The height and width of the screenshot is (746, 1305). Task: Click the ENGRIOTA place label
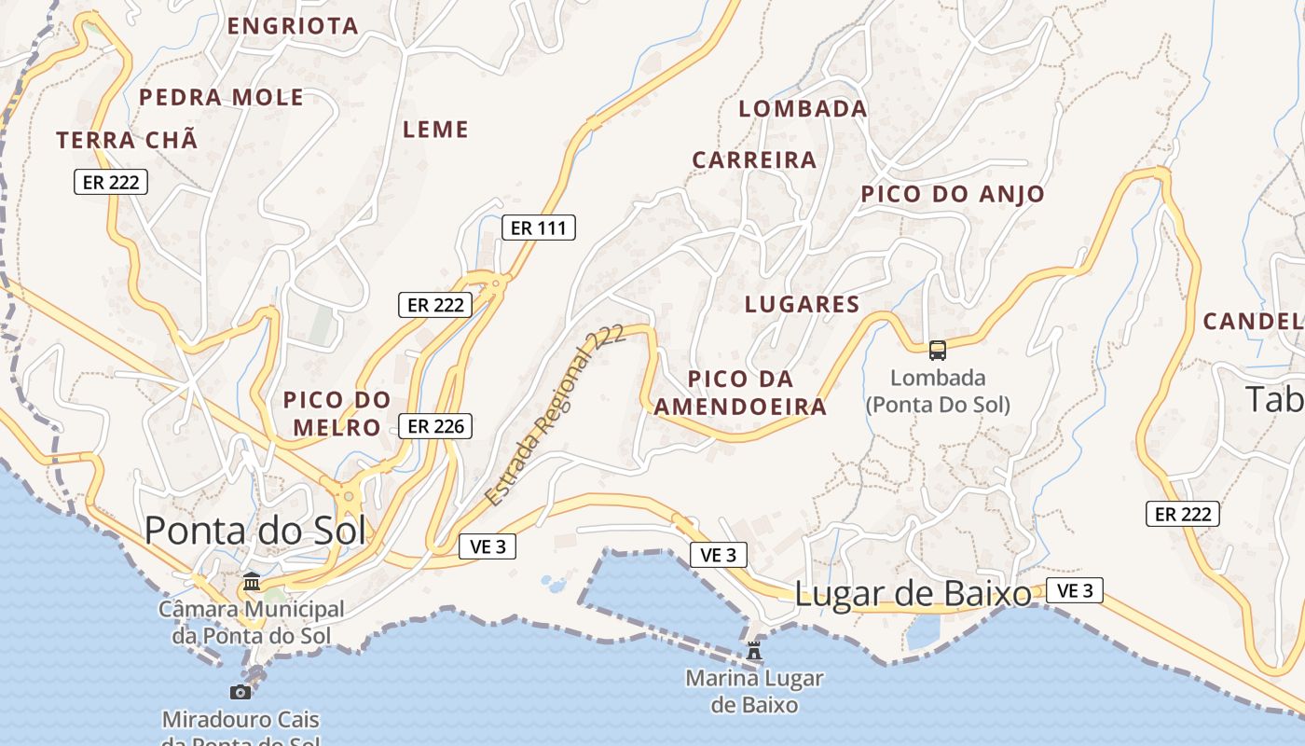pyautogui.click(x=293, y=26)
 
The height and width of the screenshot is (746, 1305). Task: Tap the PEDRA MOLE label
pyautogui.click(x=221, y=97)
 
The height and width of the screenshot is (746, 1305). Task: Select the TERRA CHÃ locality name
pyautogui.click(x=127, y=141)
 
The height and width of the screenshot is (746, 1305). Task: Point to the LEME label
pyautogui.click(x=435, y=130)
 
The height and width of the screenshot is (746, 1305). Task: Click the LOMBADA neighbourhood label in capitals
pyautogui.click(x=803, y=109)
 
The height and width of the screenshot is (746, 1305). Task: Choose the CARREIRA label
pyautogui.click(x=754, y=159)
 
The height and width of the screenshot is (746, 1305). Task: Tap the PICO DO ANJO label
pyautogui.click(x=952, y=194)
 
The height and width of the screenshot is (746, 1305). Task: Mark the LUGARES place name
pyautogui.click(x=802, y=304)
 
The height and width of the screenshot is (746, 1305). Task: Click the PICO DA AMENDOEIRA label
pyautogui.click(x=740, y=393)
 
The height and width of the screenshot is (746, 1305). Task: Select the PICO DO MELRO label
pyautogui.click(x=337, y=413)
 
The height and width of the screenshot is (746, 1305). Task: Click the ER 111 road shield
pyautogui.click(x=539, y=228)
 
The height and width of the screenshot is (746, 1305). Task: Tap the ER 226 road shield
pyautogui.click(x=435, y=426)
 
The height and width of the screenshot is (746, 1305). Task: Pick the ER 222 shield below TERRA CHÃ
pyautogui.click(x=111, y=183)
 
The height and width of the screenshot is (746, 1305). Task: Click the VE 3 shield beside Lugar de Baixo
pyautogui.click(x=1075, y=590)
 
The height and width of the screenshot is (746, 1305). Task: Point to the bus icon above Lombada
pyautogui.click(x=937, y=351)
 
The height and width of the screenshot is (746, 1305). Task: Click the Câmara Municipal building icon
pyautogui.click(x=252, y=582)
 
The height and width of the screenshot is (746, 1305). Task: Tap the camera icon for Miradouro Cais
pyautogui.click(x=240, y=692)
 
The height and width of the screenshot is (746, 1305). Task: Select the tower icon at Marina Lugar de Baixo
pyautogui.click(x=754, y=650)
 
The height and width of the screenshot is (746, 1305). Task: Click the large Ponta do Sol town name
pyautogui.click(x=254, y=530)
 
